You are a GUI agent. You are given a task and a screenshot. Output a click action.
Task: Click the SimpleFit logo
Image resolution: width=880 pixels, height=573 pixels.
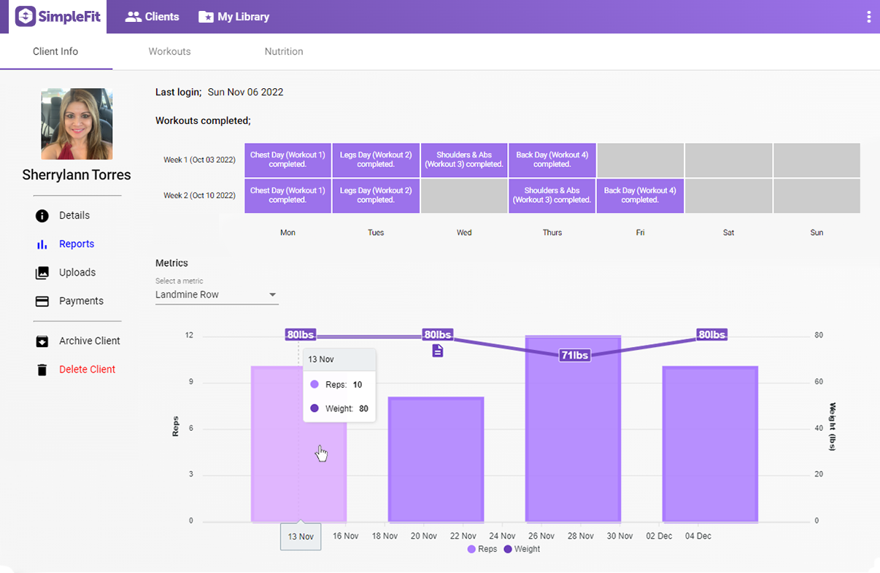(x=58, y=16)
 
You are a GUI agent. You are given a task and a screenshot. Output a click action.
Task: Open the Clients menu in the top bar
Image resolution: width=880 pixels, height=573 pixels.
(x=152, y=17)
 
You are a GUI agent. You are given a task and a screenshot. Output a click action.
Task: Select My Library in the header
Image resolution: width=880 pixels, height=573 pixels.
(x=233, y=17)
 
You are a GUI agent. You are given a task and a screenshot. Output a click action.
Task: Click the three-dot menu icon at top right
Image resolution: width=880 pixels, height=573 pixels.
(x=868, y=17)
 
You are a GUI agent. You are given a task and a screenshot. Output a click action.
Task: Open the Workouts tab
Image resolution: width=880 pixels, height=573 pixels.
(x=169, y=52)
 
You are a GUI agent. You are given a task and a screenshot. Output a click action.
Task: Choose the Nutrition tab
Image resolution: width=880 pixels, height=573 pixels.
(x=284, y=52)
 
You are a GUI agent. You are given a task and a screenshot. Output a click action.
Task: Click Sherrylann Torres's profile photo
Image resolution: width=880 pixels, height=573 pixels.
(x=77, y=124)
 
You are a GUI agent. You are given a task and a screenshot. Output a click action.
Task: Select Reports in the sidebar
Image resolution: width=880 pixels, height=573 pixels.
(x=77, y=244)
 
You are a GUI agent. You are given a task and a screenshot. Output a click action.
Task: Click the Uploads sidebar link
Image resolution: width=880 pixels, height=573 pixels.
(x=77, y=273)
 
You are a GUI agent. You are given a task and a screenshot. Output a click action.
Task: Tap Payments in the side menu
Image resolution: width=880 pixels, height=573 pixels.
(x=81, y=301)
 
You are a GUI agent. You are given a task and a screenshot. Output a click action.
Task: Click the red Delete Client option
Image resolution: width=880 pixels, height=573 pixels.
(x=87, y=370)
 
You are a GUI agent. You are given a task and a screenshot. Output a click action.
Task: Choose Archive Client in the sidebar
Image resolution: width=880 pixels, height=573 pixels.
(x=89, y=341)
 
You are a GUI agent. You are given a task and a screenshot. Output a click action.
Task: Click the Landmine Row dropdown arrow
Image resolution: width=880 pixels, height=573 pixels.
(x=273, y=295)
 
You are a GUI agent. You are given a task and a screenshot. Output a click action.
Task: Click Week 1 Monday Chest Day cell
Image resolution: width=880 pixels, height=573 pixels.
(x=287, y=160)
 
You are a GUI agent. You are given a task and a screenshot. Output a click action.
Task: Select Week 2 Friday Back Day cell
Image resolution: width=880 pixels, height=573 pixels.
(x=640, y=195)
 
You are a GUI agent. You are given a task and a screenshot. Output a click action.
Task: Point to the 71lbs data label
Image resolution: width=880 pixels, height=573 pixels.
(x=574, y=356)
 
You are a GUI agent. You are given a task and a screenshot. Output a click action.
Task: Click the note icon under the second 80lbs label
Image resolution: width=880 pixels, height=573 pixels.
(x=438, y=351)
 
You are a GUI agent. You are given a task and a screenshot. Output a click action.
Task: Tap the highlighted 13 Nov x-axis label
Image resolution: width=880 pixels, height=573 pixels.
(x=301, y=537)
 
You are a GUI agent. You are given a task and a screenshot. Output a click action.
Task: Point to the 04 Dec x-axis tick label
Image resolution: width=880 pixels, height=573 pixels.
(x=698, y=537)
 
